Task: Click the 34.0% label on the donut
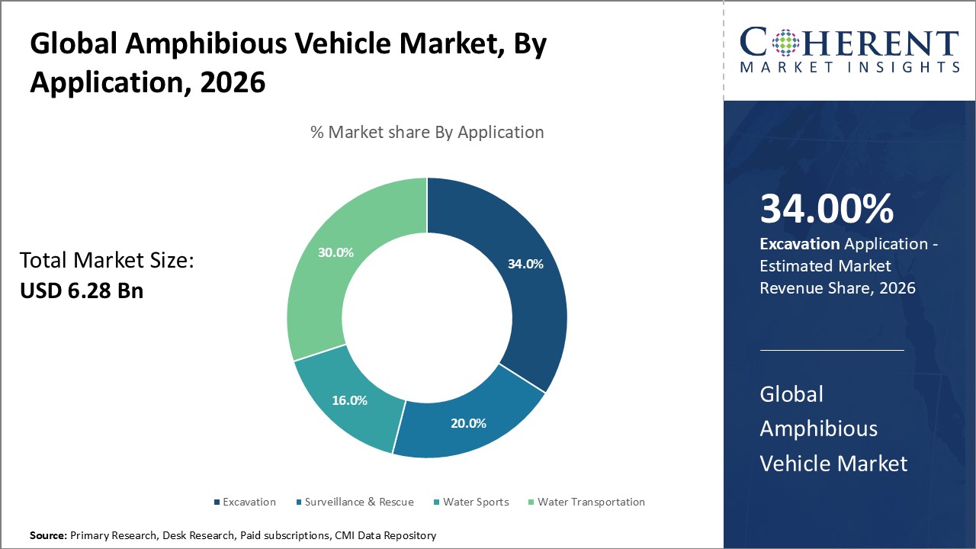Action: (525, 264)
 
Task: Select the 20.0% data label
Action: (468, 423)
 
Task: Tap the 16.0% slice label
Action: (349, 400)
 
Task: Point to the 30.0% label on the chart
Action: (335, 252)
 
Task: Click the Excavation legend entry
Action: (244, 502)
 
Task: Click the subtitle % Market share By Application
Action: (427, 132)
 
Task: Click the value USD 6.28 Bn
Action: (82, 291)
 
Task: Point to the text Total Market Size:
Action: (107, 261)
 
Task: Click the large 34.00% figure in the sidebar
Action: (827, 210)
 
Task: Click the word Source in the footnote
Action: (47, 536)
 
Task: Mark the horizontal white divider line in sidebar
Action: (831, 350)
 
